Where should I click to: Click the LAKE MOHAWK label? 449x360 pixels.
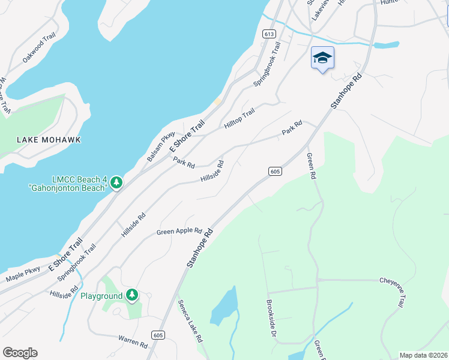click(49, 140)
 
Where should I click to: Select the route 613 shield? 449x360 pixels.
click(268, 34)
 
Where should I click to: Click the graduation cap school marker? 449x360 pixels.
click(322, 58)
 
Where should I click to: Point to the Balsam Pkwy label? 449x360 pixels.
click(160, 147)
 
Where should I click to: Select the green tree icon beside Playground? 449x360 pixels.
click(132, 295)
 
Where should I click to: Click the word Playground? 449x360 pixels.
click(101, 296)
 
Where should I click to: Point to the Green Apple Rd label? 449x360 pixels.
click(179, 231)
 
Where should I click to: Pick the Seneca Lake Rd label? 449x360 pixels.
click(190, 322)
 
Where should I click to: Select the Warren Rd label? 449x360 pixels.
click(133, 341)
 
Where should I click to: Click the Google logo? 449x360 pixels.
click(20, 353)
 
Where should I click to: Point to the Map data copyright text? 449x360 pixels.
click(423, 355)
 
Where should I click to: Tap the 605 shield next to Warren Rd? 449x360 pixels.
click(157, 335)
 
